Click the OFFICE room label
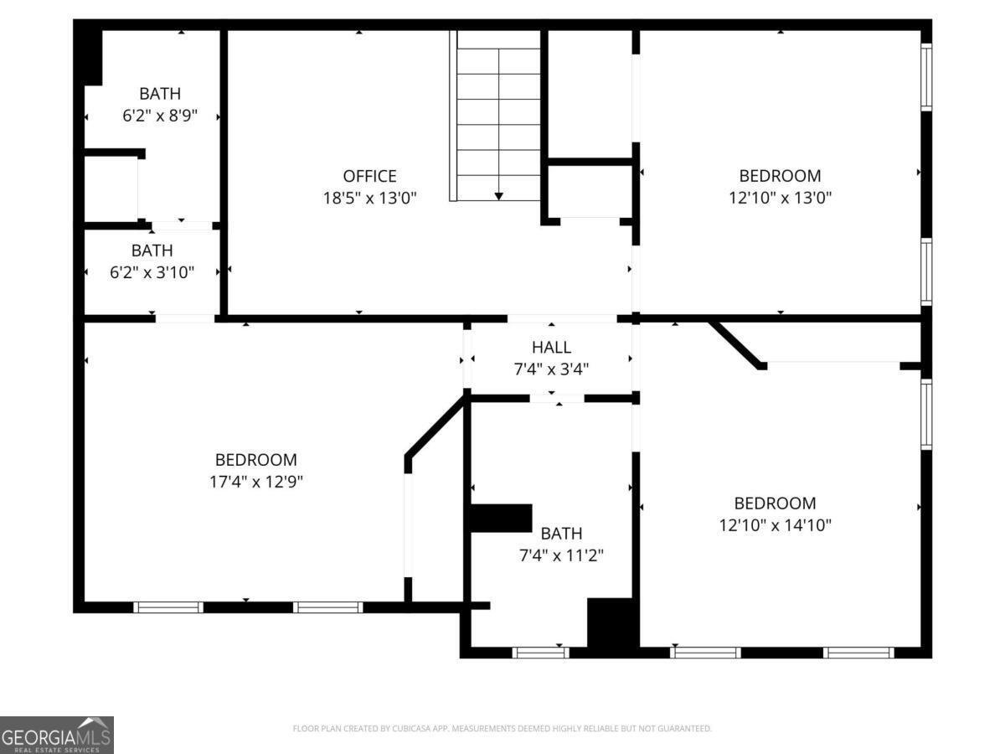tap(369, 176)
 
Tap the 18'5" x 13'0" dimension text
tap(369, 199)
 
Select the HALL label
tap(551, 348)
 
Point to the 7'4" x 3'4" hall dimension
tap(551, 369)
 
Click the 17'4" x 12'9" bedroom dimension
tap(256, 482)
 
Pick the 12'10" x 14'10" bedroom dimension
tap(775, 525)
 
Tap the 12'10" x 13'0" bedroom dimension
tap(780, 199)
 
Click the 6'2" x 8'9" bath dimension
tap(160, 116)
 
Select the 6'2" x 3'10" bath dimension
tap(152, 273)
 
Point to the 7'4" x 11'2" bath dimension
tap(561, 555)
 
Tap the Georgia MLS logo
tap(57, 735)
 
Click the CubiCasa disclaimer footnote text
tap(502, 728)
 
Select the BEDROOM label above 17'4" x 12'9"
tap(256, 460)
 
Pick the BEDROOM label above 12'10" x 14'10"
tap(775, 504)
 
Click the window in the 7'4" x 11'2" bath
tap(540, 653)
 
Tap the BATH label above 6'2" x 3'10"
tap(152, 250)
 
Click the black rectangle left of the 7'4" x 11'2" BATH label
tap(501, 519)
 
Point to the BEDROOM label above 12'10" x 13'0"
tap(780, 176)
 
